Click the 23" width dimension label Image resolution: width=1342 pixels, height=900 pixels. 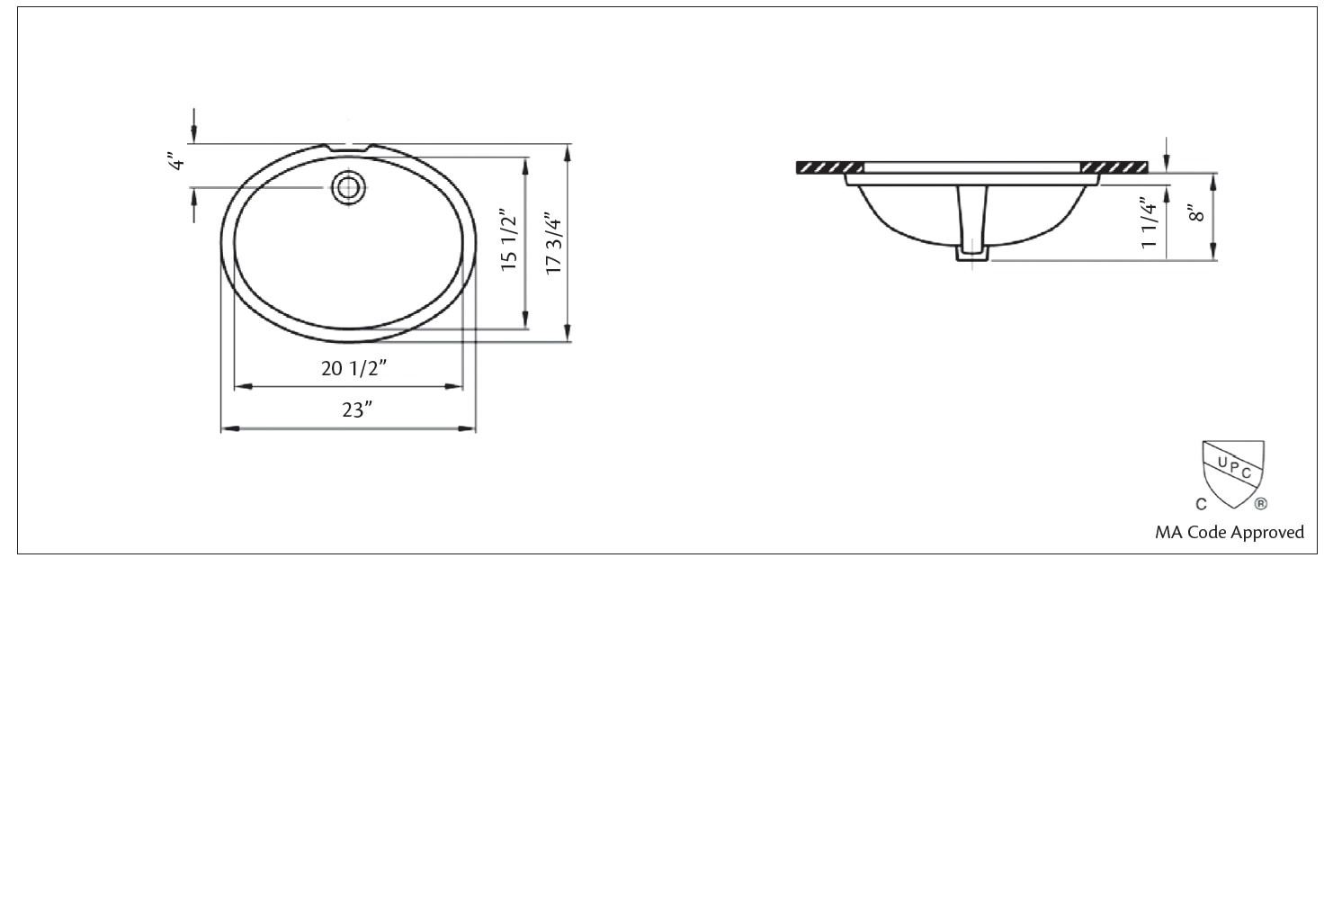click(356, 410)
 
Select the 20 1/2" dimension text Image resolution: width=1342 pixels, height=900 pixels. click(353, 368)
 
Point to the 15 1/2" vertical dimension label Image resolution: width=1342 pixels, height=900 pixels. click(509, 241)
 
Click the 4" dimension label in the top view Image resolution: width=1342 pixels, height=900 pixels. click(177, 162)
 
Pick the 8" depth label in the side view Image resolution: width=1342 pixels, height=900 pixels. click(1195, 214)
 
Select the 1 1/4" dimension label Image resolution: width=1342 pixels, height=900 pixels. click(1149, 224)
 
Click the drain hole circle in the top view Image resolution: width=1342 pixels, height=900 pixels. click(348, 187)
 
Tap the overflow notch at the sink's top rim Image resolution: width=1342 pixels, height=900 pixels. click(349, 147)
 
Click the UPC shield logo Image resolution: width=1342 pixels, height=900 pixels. click(1233, 472)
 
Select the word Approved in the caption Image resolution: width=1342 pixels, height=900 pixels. click(1266, 532)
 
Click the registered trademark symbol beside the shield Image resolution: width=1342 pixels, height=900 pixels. click(1261, 504)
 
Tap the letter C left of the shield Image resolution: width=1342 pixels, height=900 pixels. click(1201, 504)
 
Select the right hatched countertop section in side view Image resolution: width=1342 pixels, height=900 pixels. click(1113, 167)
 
